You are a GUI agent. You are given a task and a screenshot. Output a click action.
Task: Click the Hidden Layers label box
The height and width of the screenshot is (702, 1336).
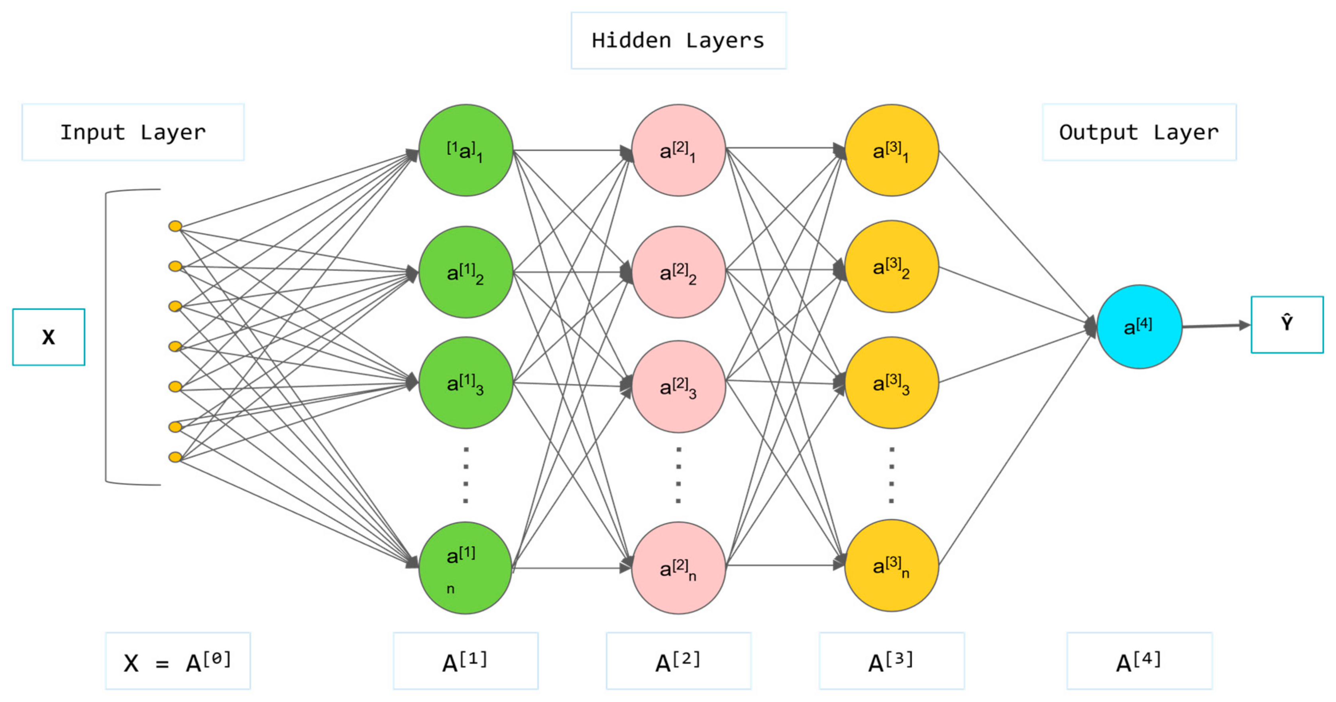pos(678,40)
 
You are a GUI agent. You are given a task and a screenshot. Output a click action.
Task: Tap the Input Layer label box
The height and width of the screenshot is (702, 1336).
pos(133,132)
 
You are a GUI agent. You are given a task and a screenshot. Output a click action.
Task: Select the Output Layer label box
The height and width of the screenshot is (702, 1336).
pos(1139,132)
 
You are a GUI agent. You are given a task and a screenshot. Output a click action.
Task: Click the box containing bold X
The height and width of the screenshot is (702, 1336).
pos(48,337)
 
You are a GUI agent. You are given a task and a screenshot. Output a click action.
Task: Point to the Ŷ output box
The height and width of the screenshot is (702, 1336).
pos(1287,325)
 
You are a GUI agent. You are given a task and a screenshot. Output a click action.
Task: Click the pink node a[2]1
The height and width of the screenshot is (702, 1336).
pos(678,150)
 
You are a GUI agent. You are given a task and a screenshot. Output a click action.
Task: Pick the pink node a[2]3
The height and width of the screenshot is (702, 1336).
pos(678,386)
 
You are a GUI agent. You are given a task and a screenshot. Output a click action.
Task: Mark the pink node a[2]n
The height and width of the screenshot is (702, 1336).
pos(678,568)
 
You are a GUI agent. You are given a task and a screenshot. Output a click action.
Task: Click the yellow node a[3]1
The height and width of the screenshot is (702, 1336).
pos(892,150)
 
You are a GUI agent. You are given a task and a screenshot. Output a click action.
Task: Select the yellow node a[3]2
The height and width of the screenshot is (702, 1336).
pos(892,267)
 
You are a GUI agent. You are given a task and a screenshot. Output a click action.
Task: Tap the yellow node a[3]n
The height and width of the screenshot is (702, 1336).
pos(892,566)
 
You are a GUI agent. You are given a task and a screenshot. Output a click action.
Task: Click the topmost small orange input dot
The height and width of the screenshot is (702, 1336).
pos(175,226)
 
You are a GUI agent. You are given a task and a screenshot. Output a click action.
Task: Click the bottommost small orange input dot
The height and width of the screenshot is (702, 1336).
pos(175,457)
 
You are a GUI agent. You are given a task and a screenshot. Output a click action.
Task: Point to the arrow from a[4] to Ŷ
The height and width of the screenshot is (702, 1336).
pos(1216,326)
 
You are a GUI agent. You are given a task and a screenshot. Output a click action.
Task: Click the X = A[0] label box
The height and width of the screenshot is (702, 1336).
pos(178,661)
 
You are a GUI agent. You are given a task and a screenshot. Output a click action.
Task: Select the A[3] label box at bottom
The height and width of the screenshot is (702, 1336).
pos(892,661)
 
